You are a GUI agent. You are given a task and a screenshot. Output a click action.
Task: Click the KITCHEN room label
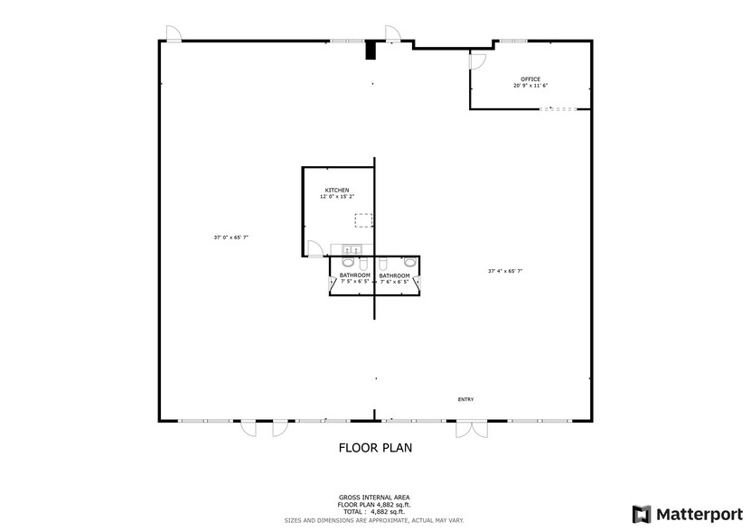point(337,190)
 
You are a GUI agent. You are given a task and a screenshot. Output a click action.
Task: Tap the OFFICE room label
point(530,79)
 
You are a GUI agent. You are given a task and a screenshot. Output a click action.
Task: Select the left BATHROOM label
point(355,275)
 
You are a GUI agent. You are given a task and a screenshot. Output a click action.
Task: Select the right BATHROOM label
point(394,275)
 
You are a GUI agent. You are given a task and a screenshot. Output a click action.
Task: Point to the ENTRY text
point(465,399)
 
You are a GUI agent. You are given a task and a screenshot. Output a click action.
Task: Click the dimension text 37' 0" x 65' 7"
point(230,238)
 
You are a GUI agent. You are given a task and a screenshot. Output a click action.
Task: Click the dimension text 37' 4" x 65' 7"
point(506,270)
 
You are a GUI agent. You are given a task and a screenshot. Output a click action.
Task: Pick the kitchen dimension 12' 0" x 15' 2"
point(337,197)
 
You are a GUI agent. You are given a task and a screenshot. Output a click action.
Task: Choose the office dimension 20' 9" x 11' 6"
point(530,86)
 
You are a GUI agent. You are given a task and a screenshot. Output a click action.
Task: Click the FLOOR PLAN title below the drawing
point(375,447)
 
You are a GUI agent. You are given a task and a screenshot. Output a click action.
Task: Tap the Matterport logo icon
point(641,514)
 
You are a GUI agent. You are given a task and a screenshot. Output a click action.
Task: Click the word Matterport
point(696,514)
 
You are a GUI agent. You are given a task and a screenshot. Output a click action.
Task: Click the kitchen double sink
point(351,249)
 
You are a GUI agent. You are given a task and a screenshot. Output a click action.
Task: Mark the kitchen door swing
point(314,249)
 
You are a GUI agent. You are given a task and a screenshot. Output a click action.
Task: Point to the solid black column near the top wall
point(370,51)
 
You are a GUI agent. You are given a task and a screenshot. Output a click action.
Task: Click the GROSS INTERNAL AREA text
point(374,498)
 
